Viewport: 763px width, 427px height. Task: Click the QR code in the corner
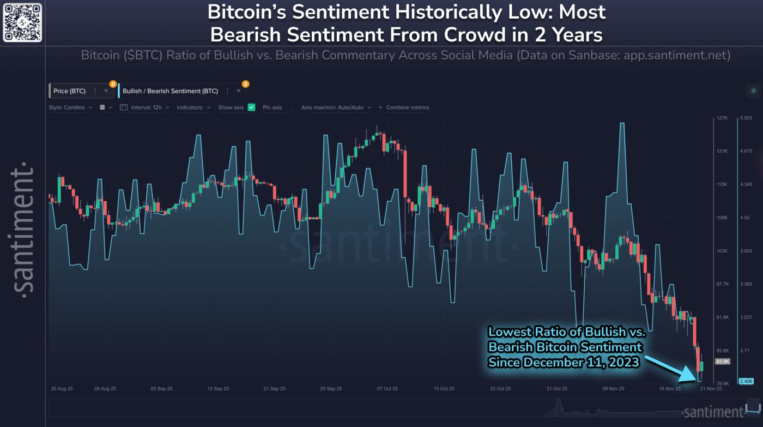point(22,22)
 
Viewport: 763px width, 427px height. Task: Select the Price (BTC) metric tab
point(69,91)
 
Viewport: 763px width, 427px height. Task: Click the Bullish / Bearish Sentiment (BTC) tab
point(170,91)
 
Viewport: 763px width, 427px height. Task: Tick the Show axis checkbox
point(251,107)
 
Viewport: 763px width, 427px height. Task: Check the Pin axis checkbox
point(290,107)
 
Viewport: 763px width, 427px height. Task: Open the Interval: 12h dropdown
point(144,107)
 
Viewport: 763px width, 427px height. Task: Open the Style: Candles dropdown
point(70,107)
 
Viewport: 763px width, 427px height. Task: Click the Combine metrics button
point(404,107)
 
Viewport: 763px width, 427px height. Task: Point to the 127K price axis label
point(722,118)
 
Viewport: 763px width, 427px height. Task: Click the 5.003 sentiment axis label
point(745,118)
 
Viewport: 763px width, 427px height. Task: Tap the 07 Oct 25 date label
point(386,389)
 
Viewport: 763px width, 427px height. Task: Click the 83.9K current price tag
point(723,362)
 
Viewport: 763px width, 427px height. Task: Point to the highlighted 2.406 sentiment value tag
point(745,381)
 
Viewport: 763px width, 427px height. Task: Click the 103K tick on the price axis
point(722,251)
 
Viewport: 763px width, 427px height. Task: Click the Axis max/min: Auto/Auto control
point(336,107)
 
